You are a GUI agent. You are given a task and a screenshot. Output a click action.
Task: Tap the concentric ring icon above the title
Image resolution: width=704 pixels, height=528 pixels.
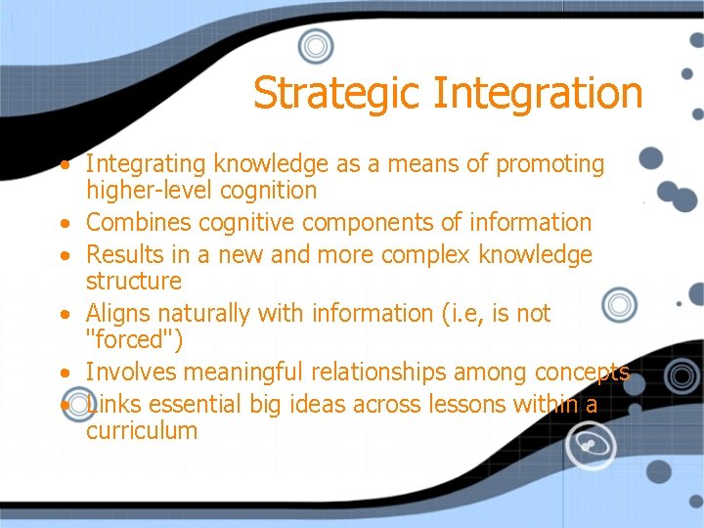[x=316, y=45]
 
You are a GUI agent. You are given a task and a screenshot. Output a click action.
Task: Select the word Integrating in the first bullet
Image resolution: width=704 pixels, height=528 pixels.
[x=146, y=163]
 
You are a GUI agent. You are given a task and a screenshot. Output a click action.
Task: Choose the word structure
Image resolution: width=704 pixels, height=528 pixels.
[x=134, y=281]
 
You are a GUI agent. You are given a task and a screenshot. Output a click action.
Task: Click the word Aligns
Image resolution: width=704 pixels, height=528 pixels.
[x=119, y=313]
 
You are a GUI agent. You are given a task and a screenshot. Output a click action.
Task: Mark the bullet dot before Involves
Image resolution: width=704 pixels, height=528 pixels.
[x=62, y=374]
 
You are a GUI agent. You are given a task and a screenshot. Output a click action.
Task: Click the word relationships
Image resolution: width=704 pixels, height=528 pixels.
[x=375, y=372]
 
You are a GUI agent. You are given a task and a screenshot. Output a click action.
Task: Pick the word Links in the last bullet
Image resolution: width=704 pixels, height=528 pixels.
[x=112, y=404]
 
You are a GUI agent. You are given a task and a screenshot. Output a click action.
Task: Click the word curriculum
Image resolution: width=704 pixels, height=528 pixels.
[x=142, y=430]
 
